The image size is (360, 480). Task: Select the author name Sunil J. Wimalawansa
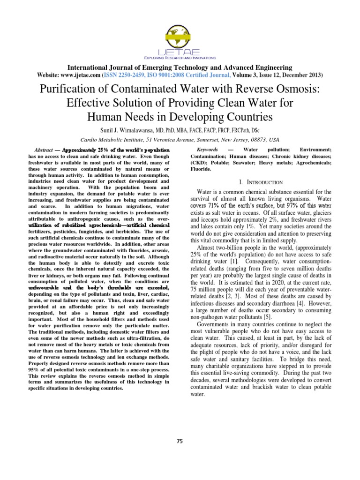coord(128,129)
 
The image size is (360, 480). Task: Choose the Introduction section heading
coord(262,182)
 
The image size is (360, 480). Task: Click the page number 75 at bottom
coord(180,441)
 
